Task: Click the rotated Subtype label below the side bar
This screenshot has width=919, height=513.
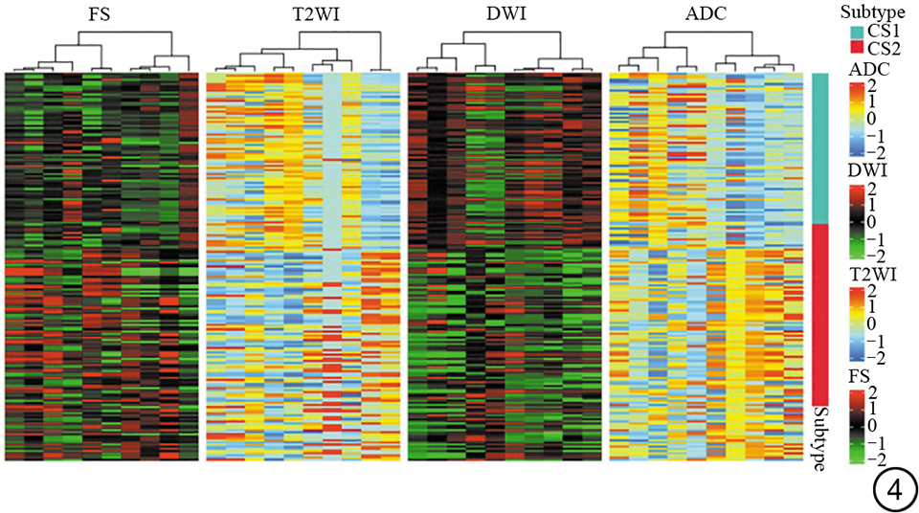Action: click(x=819, y=438)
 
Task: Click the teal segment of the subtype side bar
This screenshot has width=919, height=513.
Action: click(x=819, y=147)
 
